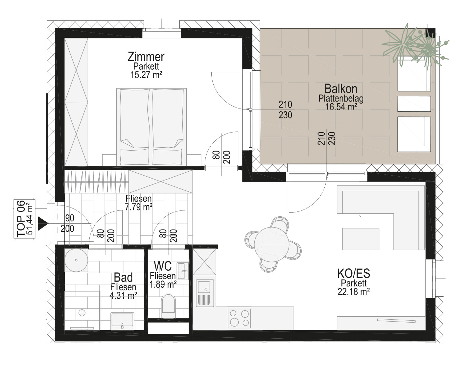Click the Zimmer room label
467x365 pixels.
click(x=146, y=57)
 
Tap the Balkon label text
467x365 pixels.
click(x=341, y=88)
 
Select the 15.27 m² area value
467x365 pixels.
click(x=146, y=75)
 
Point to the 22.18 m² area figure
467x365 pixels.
click(x=354, y=292)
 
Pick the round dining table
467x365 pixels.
click(x=271, y=244)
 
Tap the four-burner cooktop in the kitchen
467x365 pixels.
click(x=239, y=318)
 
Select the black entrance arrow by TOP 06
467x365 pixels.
click(x=42, y=224)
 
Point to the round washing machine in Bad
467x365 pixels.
click(x=76, y=260)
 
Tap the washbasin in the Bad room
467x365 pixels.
click(x=122, y=321)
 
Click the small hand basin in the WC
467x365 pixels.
click(x=183, y=271)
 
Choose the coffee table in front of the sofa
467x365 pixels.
click(x=361, y=239)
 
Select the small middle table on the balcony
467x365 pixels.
click(x=414, y=104)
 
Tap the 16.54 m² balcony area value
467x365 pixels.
click(x=341, y=107)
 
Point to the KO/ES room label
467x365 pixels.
click(x=354, y=274)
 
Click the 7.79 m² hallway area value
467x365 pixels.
click(x=139, y=207)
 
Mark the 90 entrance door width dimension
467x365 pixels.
click(x=70, y=218)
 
